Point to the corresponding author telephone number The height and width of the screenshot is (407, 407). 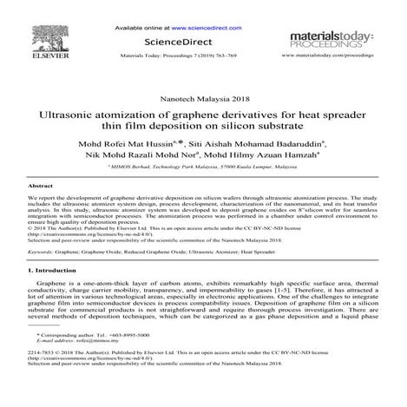click(x=130, y=358)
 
